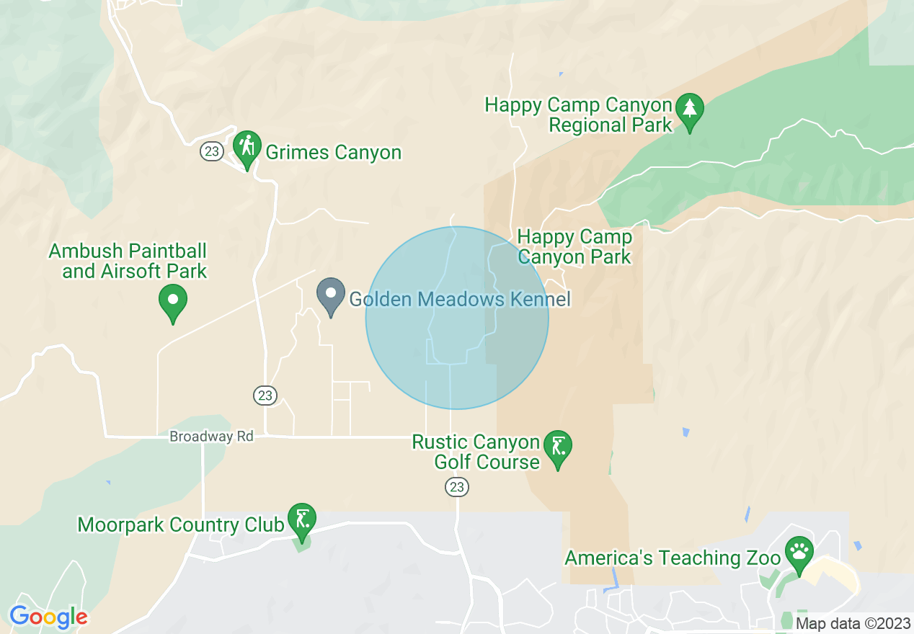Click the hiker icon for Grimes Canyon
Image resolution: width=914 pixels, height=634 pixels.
pos(247,147)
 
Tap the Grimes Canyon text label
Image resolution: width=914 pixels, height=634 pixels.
pos(333,153)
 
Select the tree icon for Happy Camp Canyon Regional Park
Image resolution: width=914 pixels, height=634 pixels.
pos(690,110)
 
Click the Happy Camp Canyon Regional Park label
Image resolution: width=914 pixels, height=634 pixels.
pos(578,115)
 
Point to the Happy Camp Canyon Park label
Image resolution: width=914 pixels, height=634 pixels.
pos(574,246)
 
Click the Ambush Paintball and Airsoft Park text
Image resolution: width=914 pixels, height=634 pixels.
pos(128,262)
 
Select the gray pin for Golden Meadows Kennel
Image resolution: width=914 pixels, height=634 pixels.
pos(331,294)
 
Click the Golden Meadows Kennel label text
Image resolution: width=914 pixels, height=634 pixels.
pos(460,300)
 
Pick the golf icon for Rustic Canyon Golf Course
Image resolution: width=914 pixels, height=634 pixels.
pos(557,447)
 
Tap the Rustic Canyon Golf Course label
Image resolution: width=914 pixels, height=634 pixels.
pos(476,452)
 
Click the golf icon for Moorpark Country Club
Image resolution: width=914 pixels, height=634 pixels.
pos(301,519)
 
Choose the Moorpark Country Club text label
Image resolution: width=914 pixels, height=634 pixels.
pos(181,524)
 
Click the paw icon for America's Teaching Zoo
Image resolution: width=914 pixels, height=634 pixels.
pos(799,553)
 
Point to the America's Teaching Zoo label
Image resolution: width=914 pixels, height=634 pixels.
pos(673,558)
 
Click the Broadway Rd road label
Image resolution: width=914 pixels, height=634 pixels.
pos(211,437)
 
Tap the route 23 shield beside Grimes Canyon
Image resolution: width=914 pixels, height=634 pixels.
pos(211,152)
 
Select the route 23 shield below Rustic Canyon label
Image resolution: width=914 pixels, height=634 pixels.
pos(457,488)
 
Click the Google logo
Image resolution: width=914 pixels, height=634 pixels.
pos(48,617)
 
